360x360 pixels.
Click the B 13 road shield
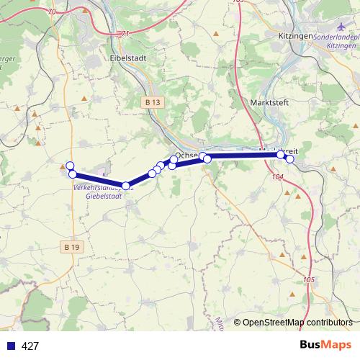[151, 103]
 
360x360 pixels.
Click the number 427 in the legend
[30, 346]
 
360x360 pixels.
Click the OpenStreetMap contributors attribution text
[297, 323]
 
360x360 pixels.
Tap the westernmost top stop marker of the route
[70, 166]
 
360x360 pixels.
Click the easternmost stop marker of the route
[289, 159]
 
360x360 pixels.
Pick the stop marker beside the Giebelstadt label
[126, 186]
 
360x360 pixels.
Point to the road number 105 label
[310, 279]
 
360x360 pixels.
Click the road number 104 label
[279, 176]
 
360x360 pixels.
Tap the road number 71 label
[126, 33]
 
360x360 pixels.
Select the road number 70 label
[52, 12]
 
